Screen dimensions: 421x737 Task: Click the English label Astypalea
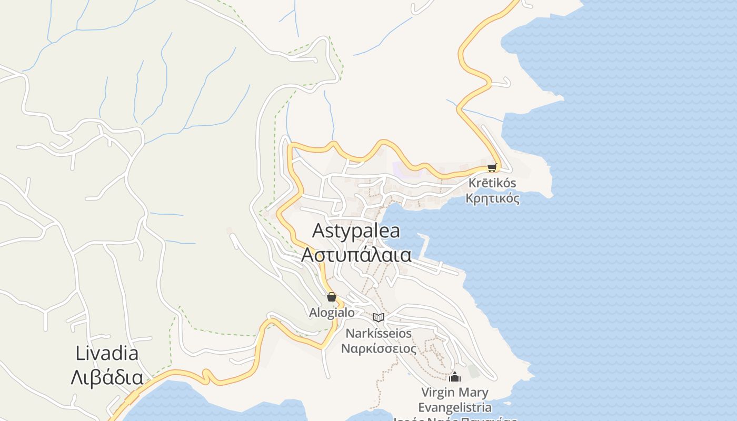[x=356, y=231]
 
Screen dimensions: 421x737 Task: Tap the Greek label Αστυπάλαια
[x=356, y=254]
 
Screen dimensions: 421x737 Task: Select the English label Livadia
[x=107, y=353]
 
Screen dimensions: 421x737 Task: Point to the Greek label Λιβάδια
[x=107, y=377]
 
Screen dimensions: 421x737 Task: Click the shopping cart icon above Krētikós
[x=492, y=167]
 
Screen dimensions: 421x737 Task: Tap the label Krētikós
[x=492, y=183]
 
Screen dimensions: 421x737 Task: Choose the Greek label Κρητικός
[x=492, y=198]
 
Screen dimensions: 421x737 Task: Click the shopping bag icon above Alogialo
[x=332, y=297]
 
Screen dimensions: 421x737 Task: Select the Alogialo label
[x=332, y=312]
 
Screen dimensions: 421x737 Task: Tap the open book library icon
[x=379, y=317]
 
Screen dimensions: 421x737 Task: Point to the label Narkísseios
[x=379, y=333]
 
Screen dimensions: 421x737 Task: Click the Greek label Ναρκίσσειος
[x=379, y=348]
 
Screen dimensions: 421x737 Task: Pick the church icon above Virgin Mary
[x=455, y=377]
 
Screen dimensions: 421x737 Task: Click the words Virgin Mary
[x=455, y=393]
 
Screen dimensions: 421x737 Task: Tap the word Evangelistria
[x=455, y=407]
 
